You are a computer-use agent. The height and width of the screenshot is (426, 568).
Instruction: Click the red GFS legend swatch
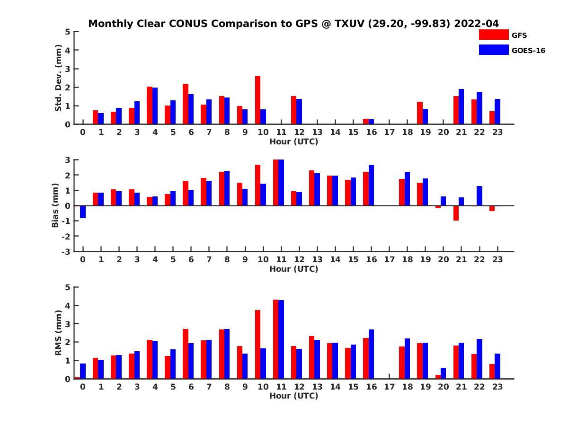point(494,35)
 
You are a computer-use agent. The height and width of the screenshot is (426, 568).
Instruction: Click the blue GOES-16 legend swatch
point(494,50)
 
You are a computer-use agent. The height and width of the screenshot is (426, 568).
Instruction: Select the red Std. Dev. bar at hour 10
point(257,100)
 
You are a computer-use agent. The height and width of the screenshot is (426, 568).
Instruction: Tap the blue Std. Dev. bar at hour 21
point(461,106)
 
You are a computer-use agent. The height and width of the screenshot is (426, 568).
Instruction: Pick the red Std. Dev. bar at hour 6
point(186,104)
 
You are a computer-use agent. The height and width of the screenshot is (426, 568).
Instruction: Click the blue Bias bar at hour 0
point(83,212)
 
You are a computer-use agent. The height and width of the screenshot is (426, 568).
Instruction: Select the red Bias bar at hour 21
point(456,213)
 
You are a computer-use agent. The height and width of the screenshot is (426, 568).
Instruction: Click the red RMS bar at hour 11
point(276,339)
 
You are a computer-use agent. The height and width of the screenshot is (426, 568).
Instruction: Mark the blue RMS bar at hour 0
point(83,371)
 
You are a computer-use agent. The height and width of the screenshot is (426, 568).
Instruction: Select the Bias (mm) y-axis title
point(55,205)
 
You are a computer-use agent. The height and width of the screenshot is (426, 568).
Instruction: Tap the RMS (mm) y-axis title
point(58,333)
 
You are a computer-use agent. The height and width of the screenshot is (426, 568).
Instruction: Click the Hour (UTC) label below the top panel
point(293,141)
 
